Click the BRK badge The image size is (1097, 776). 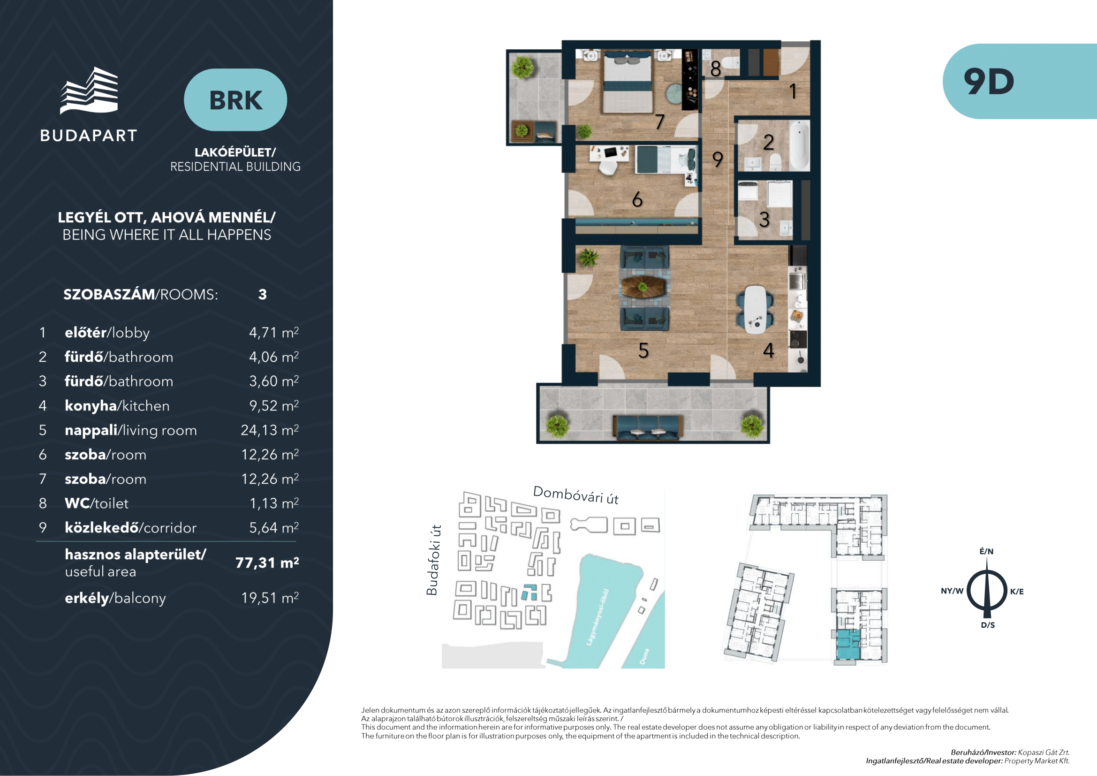pyautogui.click(x=235, y=100)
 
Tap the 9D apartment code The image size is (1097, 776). pyautogui.click(x=989, y=82)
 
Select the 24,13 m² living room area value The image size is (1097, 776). pyautogui.click(x=270, y=430)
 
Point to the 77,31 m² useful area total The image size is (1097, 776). pyautogui.click(x=267, y=563)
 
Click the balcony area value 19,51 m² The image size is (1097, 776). pyautogui.click(x=270, y=598)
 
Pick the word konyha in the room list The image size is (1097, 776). pyautogui.click(x=91, y=406)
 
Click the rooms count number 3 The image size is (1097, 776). pyautogui.click(x=262, y=294)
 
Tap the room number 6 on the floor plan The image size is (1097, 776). pyautogui.click(x=637, y=199)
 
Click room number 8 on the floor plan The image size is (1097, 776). pyautogui.click(x=715, y=69)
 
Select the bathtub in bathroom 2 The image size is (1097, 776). pyautogui.click(x=799, y=145)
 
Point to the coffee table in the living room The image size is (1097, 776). pyautogui.click(x=643, y=287)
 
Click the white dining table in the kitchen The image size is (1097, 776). pyautogui.click(x=756, y=309)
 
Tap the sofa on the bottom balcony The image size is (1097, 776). pyautogui.click(x=648, y=426)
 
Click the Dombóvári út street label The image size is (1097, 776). pyautogui.click(x=576, y=495)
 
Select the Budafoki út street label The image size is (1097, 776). pyautogui.click(x=432, y=560)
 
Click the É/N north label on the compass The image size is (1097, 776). pyautogui.click(x=987, y=551)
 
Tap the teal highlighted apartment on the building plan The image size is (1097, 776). pyautogui.click(x=847, y=645)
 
